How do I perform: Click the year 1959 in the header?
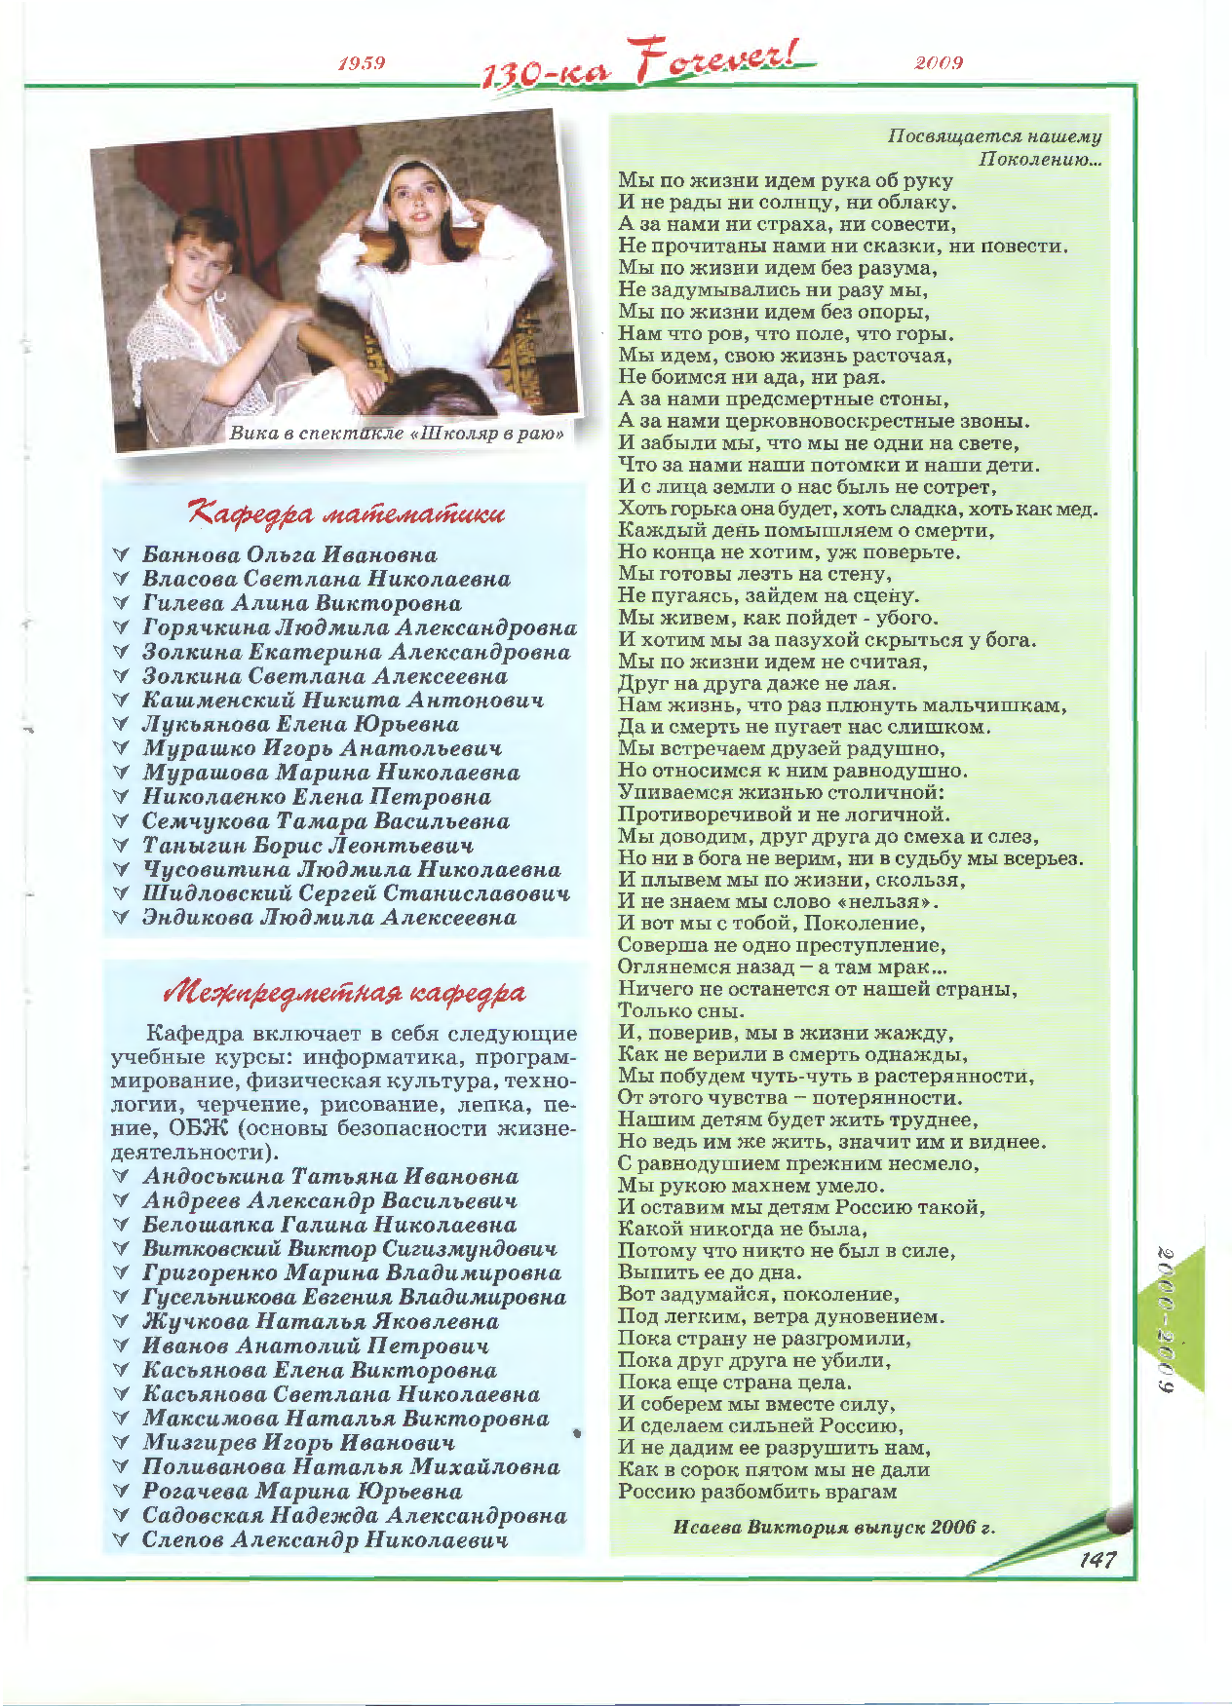coord(362,63)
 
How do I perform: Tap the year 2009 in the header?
coord(939,63)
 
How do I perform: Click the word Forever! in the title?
coord(722,60)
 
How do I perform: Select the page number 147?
coord(1097,1560)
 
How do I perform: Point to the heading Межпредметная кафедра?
coord(345,993)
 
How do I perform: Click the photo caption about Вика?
coord(396,434)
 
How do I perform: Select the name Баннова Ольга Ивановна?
coord(289,555)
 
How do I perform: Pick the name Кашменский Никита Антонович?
coord(343,701)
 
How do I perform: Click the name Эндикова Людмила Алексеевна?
coord(329,918)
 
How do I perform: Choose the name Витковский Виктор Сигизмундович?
coord(350,1249)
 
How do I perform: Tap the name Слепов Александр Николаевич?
coord(326,1540)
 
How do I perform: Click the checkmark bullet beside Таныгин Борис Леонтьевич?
coord(122,846)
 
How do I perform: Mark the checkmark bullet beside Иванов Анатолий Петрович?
coord(122,1346)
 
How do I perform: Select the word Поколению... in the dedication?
coord(1040,159)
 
